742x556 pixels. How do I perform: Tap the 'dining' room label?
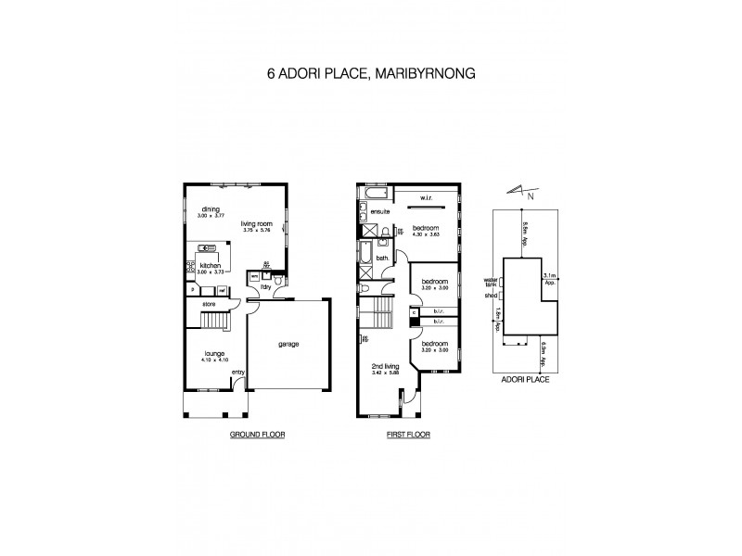pyautogui.click(x=211, y=209)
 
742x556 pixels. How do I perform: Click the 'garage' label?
pyautogui.click(x=288, y=344)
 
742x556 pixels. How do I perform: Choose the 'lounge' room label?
pyautogui.click(x=215, y=353)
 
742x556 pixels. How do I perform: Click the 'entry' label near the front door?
pyautogui.click(x=237, y=373)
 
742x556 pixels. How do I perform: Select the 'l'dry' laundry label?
pyautogui.click(x=265, y=285)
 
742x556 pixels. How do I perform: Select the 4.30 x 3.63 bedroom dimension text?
pyautogui.click(x=426, y=234)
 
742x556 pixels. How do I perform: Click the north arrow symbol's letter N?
pyautogui.click(x=530, y=196)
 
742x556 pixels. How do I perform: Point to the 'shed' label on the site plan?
pyautogui.click(x=492, y=297)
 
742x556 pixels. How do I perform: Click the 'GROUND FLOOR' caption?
pyautogui.click(x=258, y=434)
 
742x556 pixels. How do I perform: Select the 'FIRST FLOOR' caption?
pyautogui.click(x=409, y=434)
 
